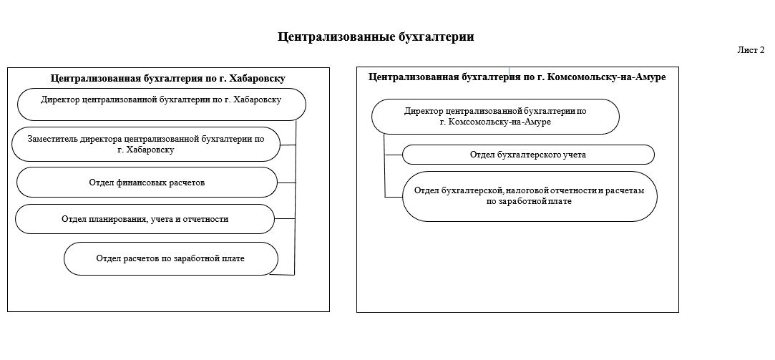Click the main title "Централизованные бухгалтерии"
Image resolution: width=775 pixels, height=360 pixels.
(x=376, y=37)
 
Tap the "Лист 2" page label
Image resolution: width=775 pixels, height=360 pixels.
(x=751, y=50)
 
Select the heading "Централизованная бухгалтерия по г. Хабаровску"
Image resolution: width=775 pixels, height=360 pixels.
(x=168, y=79)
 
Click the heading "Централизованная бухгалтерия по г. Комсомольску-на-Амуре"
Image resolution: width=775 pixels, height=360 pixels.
(x=517, y=77)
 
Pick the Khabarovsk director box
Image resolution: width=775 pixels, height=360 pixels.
(x=162, y=104)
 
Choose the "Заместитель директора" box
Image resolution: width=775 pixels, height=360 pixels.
(x=145, y=145)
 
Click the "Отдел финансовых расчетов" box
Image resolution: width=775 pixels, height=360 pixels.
(x=147, y=183)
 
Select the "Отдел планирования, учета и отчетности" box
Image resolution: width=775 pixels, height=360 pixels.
(x=145, y=219)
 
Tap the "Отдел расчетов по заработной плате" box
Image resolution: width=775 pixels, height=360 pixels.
(x=170, y=258)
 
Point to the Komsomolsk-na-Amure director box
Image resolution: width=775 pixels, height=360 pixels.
(x=494, y=117)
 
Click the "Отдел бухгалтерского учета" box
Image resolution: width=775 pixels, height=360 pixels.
(x=528, y=155)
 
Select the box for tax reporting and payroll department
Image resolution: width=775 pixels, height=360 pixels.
(x=530, y=196)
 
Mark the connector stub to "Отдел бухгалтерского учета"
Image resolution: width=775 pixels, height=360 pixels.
(x=394, y=155)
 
